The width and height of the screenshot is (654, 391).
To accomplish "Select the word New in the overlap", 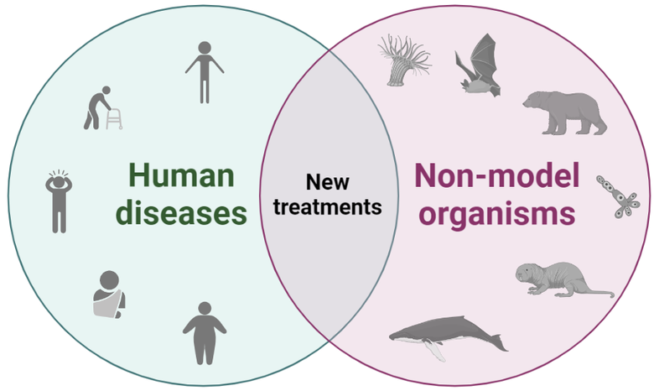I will pos(326,181).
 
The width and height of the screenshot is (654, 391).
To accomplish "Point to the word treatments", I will pos(326,206).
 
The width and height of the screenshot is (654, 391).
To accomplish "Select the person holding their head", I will pos(58,201).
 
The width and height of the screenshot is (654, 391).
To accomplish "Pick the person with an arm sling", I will pos(108,295).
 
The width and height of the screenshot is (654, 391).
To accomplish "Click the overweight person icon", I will pos(204,333).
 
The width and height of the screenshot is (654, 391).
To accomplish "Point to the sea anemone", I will pos(402,60).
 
